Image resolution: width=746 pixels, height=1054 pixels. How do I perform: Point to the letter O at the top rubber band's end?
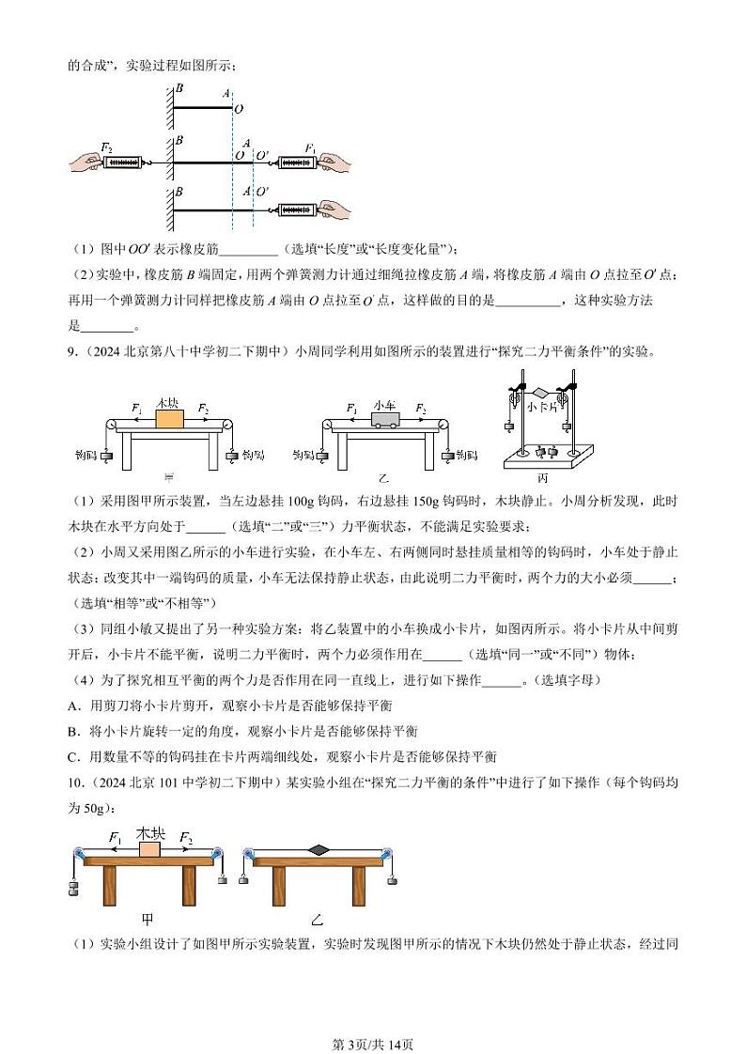(x=239, y=109)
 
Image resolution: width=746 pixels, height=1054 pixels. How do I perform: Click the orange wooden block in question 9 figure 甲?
(x=168, y=416)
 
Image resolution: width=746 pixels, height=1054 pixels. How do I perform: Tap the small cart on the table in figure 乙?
(x=385, y=417)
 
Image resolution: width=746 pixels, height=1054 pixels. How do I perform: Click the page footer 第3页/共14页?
(x=373, y=1018)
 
